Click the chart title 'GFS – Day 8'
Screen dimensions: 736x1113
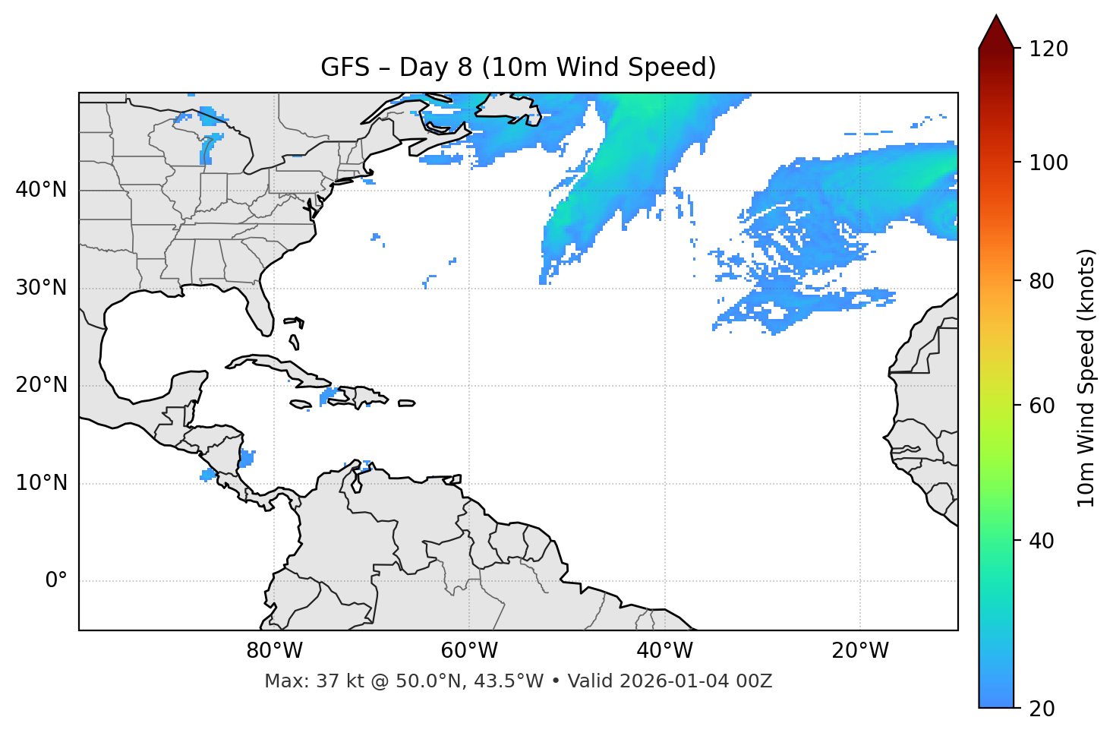(518, 68)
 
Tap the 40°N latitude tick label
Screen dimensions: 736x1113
(41, 190)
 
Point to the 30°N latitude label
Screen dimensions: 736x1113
(41, 288)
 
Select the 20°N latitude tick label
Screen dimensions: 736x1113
(41, 385)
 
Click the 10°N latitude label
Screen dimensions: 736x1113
(41, 483)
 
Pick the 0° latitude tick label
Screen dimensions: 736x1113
(55, 581)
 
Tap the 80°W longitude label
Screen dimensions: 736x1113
(274, 651)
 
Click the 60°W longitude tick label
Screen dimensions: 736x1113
(469, 651)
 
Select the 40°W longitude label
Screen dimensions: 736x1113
(664, 651)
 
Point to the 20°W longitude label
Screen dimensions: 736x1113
(859, 651)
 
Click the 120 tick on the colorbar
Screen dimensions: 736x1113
(1048, 49)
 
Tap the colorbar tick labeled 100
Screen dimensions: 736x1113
(1048, 163)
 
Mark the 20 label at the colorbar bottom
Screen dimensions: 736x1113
(1042, 709)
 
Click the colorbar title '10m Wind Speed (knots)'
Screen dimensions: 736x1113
(1086, 377)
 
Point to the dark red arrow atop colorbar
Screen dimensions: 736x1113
(996, 33)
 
